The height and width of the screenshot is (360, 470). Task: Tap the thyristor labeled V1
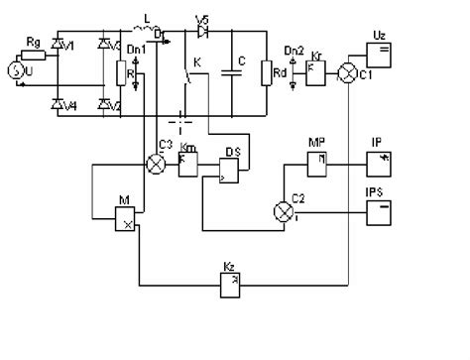[x=57, y=46]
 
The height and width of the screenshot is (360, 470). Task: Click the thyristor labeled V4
[x=57, y=104]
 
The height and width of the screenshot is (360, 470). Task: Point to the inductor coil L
[x=149, y=29]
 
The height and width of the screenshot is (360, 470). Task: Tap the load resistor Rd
[x=267, y=73]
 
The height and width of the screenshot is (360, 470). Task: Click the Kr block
[x=316, y=72]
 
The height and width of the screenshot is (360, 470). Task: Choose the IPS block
[x=380, y=210]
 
